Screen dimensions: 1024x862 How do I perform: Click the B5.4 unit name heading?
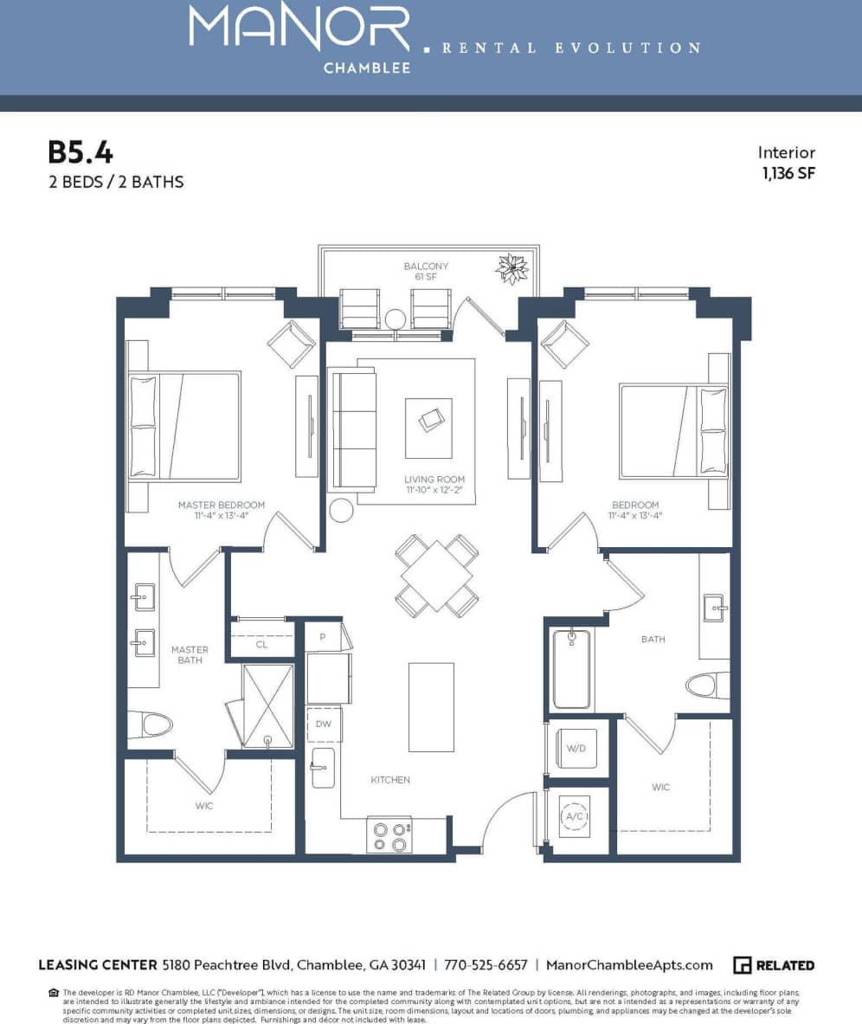[x=80, y=152]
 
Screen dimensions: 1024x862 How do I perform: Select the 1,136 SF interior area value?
[x=788, y=172]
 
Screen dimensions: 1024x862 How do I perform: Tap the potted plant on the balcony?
[x=511, y=268]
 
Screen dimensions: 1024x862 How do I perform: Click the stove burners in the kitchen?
[x=389, y=835]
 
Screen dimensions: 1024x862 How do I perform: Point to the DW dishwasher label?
[x=323, y=724]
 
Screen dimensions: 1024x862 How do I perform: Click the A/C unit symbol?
[x=574, y=815]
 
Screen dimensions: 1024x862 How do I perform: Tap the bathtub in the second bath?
[x=571, y=668]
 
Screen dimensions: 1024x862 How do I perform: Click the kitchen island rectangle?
[x=431, y=707]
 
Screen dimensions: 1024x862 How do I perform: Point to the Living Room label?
[x=434, y=479]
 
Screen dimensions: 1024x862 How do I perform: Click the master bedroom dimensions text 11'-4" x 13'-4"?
[x=221, y=517]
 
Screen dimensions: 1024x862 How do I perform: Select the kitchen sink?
[x=322, y=768]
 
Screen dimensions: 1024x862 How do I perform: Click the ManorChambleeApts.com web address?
[x=630, y=965]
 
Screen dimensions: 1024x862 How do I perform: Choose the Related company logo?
[x=774, y=965]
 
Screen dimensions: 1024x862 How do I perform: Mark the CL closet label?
[x=261, y=645]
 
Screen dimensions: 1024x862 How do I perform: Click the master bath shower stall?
[x=267, y=705]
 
